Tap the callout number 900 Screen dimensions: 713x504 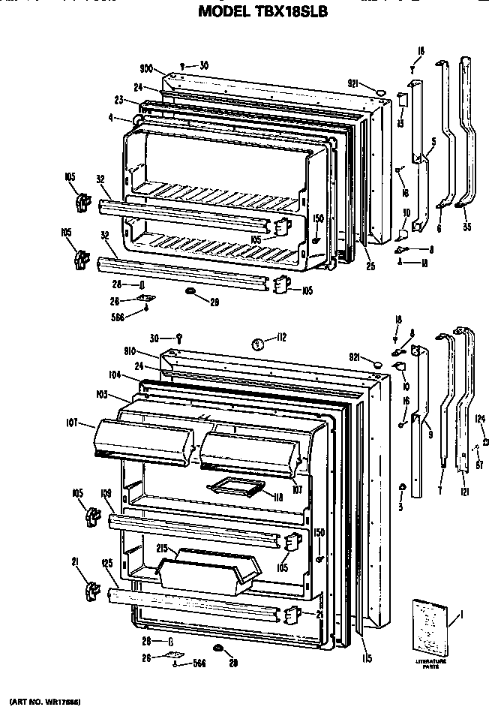pos(147,68)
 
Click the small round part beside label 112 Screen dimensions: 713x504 pos(257,344)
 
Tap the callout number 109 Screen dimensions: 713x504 pos(106,492)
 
